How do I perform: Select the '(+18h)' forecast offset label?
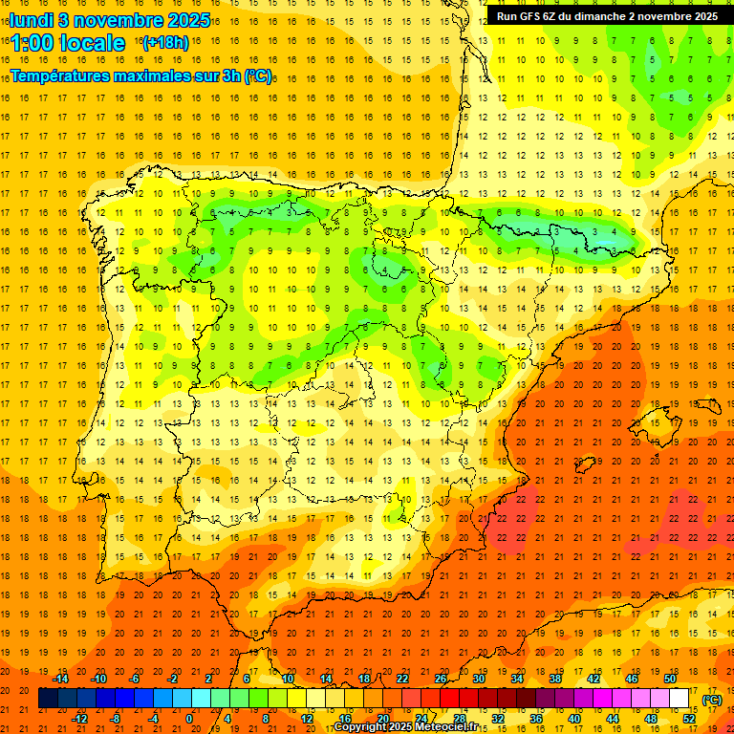coord(164,43)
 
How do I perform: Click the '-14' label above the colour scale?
coord(60,679)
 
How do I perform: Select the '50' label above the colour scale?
coord(670,679)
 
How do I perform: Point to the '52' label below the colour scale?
coord(689,719)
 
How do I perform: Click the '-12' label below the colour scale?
coord(80,719)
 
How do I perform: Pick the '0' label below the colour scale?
coord(189,719)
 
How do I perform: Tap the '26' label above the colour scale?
coord(441,679)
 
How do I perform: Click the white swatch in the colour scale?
coord(680,699)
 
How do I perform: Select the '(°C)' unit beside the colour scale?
coord(712,699)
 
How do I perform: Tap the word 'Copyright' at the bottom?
coord(363,727)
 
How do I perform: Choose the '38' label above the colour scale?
coord(555,679)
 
